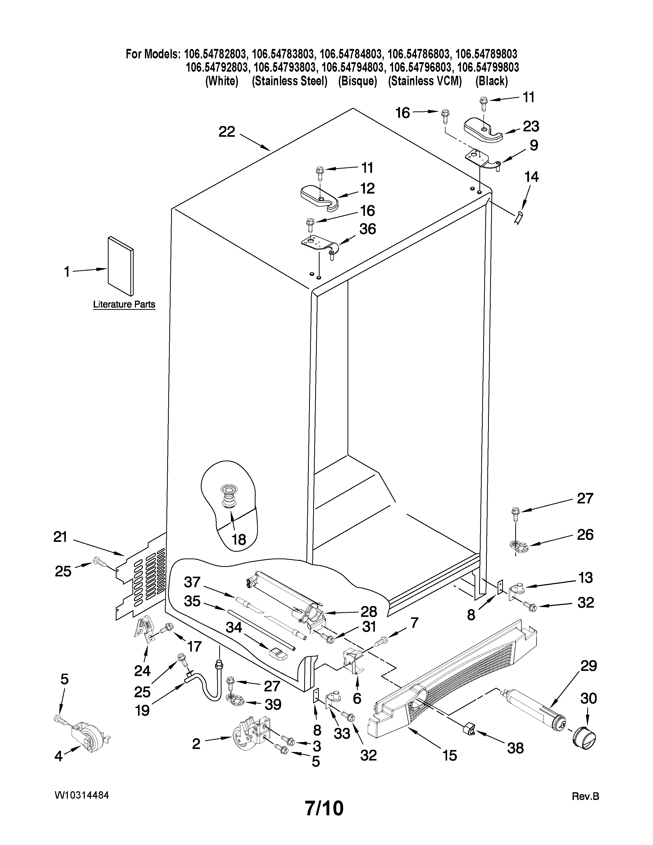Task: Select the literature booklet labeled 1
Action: coord(121,266)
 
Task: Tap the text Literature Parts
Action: coord(124,304)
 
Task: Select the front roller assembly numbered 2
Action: coord(251,731)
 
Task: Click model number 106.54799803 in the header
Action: coord(488,67)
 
